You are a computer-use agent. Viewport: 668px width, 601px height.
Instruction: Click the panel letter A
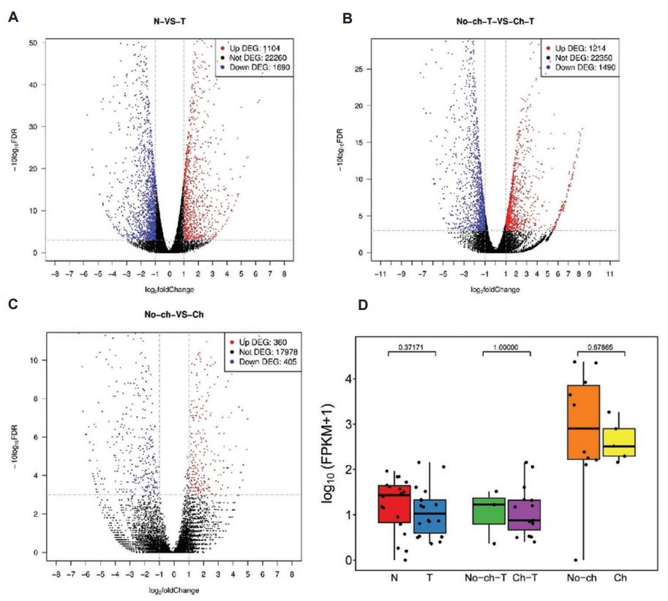pyautogui.click(x=12, y=17)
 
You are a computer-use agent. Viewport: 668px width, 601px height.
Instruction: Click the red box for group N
pyautogui.click(x=394, y=503)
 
